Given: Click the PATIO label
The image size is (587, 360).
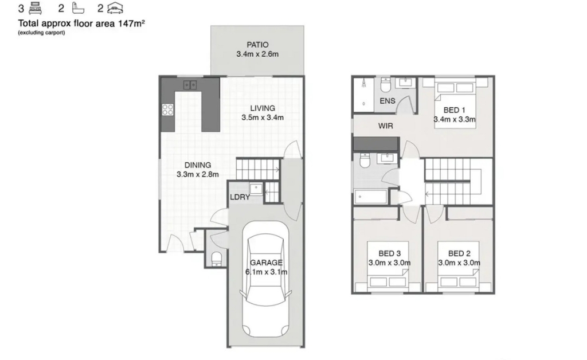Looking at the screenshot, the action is point(257,45).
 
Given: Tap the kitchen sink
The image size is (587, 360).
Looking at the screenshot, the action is point(190,85).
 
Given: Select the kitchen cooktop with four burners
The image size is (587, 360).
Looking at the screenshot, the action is point(168,109).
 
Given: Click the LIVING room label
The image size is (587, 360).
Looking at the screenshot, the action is point(263,108).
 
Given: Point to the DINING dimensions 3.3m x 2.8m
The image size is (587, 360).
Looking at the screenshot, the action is point(198,174).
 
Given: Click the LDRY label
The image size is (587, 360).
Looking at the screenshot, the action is point(240,197).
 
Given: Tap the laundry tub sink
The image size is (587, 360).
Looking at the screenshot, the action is point(256,189).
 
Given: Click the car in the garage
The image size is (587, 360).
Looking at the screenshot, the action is point(266,279).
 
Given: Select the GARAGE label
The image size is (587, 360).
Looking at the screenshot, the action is point(266,263).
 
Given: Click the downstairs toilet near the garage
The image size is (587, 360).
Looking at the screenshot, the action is point(217,259).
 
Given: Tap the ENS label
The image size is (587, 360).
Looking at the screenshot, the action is point(388,101).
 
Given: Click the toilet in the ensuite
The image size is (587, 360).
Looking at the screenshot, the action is point(386,85).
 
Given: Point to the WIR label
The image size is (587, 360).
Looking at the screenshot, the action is point(386,126).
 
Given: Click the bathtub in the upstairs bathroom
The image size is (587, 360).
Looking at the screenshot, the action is point(371,197).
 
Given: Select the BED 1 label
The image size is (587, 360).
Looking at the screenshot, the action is point(455,110).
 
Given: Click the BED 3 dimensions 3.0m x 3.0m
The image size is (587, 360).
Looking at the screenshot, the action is point(389,263).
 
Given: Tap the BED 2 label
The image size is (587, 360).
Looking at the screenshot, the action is point(459,253).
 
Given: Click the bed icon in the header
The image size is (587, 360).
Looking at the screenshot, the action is point(35,8).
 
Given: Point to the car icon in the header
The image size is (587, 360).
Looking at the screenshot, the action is point(115,8).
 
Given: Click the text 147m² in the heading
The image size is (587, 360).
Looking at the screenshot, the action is point(131,23).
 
